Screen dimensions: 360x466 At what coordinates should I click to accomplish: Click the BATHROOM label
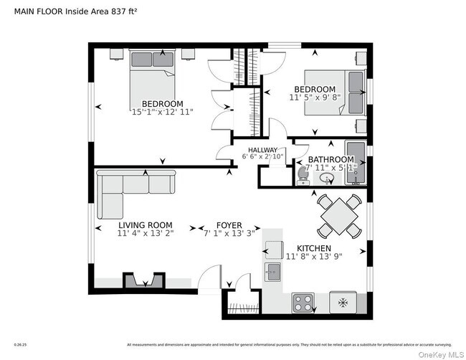[331, 159]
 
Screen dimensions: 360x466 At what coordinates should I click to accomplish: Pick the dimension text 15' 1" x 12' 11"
[162, 112]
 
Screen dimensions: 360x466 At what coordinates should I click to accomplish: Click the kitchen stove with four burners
[303, 303]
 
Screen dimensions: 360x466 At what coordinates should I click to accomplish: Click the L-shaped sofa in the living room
[129, 191]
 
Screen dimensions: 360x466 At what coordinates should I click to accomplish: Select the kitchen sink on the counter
[272, 271]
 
